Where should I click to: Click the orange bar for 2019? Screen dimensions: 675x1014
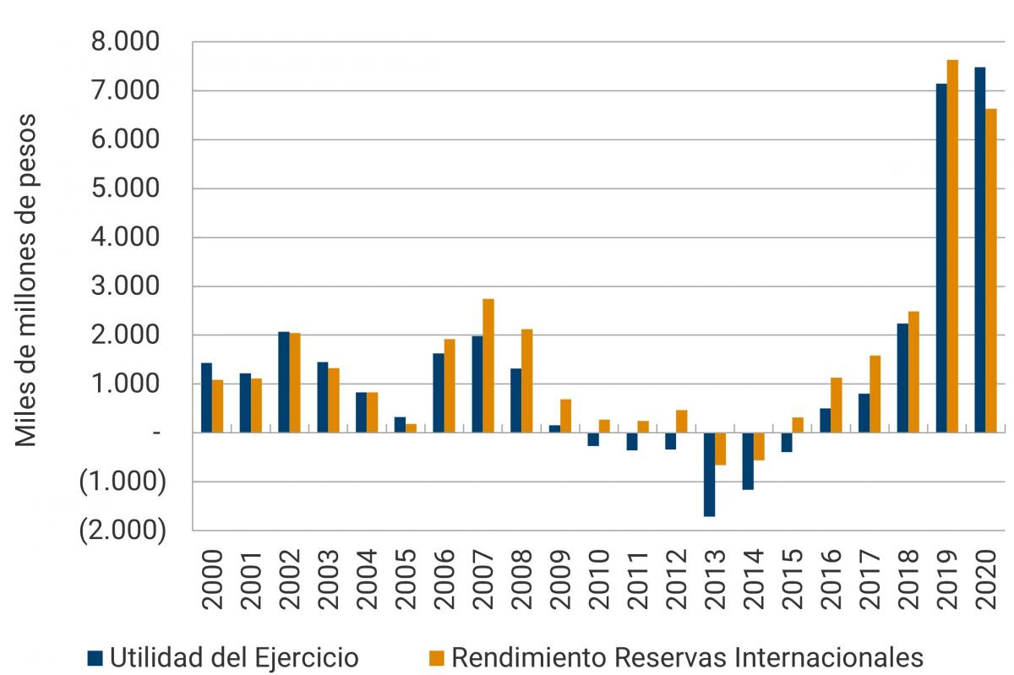(x=952, y=246)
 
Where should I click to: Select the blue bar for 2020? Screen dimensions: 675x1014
(x=980, y=250)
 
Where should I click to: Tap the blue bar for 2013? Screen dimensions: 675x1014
(x=709, y=474)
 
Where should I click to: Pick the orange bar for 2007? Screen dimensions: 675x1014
(x=488, y=366)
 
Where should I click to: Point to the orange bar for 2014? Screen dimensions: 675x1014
(x=759, y=446)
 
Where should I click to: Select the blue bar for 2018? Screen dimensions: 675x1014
(x=902, y=378)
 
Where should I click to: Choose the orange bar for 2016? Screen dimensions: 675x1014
(x=837, y=405)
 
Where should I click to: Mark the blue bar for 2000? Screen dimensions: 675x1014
(x=206, y=397)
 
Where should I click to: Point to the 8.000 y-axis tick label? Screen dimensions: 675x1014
(x=124, y=42)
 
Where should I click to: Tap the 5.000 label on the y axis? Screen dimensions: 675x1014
(x=124, y=188)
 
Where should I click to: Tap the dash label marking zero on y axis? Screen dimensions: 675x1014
(x=155, y=433)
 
